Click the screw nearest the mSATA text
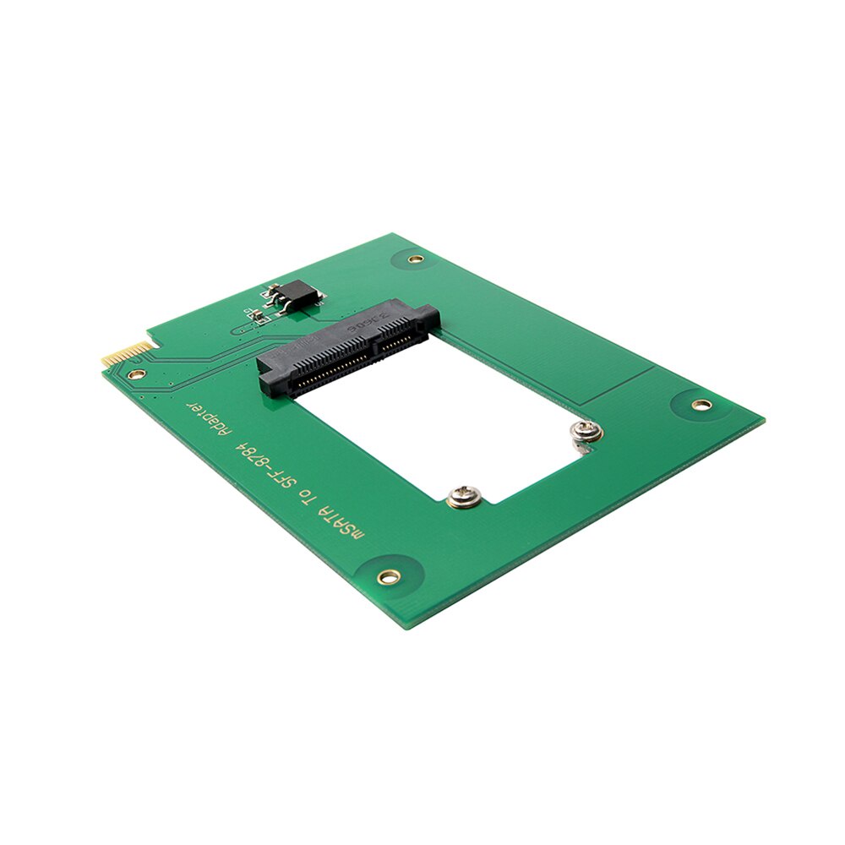pos(462,497)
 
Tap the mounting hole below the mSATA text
pos(389,576)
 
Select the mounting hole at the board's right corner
pos(700,405)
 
